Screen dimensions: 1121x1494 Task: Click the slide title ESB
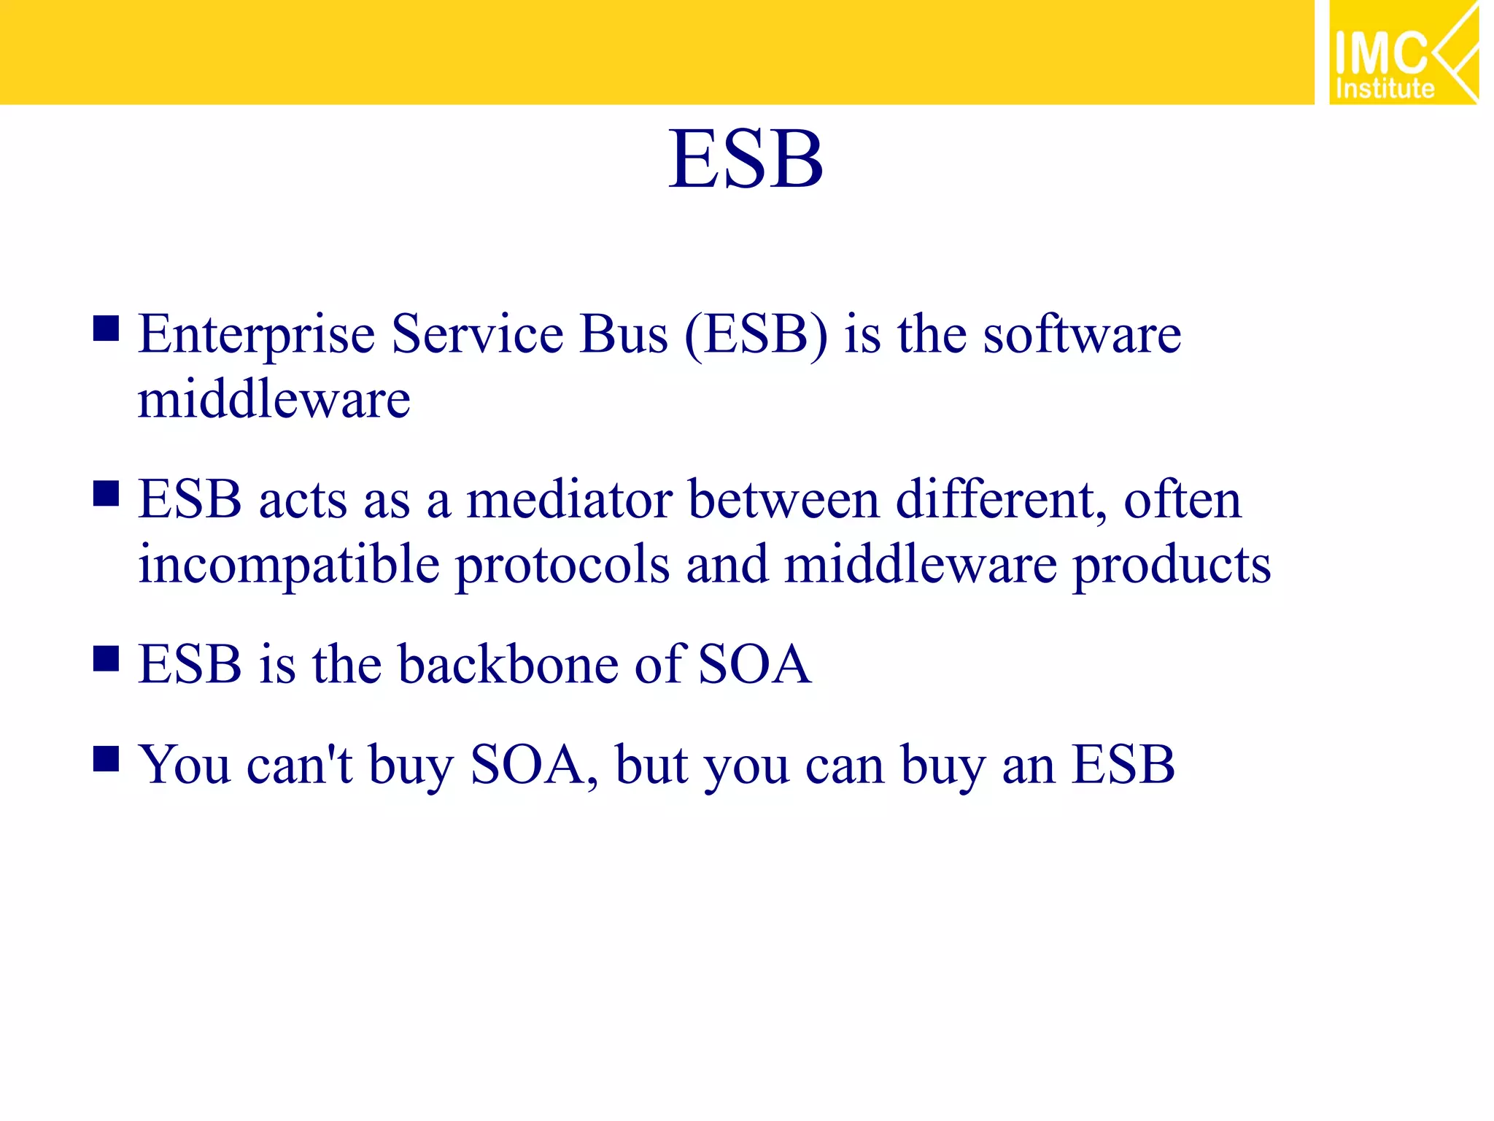pyautogui.click(x=746, y=159)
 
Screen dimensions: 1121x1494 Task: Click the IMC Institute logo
pyautogui.click(x=1403, y=53)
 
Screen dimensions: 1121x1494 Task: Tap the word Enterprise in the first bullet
pyautogui.click(x=257, y=335)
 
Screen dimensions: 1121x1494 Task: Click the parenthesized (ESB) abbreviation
pyautogui.click(x=756, y=335)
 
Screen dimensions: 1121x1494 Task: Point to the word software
pyautogui.click(x=1081, y=335)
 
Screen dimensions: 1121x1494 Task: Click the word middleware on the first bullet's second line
pyautogui.click(x=274, y=400)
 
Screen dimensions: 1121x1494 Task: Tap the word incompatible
pyautogui.click(x=289, y=566)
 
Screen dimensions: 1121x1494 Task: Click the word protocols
pyautogui.click(x=562, y=566)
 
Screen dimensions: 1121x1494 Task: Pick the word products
pyautogui.click(x=1172, y=566)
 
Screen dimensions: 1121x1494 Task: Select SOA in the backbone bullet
pyautogui.click(x=754, y=665)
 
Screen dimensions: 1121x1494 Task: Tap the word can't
pyautogui.click(x=299, y=766)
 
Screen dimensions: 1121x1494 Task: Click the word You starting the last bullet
pyautogui.click(x=185, y=766)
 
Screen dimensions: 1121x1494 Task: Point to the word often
pyautogui.click(x=1182, y=501)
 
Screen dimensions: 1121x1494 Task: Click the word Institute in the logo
pyautogui.click(x=1385, y=89)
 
